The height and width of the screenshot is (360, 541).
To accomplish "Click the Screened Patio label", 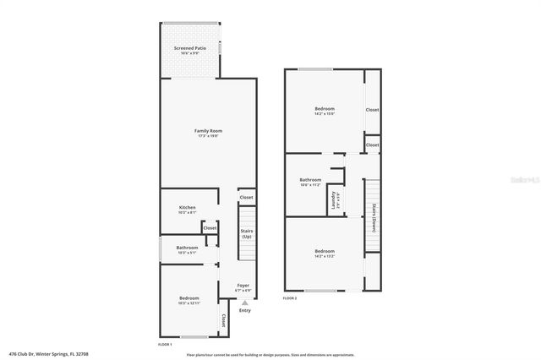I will coord(189,49).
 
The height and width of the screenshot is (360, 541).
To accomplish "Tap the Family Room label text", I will coord(208,131).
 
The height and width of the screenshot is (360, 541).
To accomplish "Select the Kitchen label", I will coord(187,207).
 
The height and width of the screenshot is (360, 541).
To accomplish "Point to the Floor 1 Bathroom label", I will coord(187,248).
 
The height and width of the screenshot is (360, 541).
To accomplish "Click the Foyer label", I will coord(243,286).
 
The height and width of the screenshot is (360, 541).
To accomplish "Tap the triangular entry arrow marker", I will coord(245,302).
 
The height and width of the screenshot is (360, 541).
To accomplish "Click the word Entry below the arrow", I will coord(245,310).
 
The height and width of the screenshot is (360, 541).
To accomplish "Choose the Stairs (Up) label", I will coord(247,234).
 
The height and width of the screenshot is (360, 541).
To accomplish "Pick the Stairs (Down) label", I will coord(373,219).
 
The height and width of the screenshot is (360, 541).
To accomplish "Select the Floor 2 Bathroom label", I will coord(310,179).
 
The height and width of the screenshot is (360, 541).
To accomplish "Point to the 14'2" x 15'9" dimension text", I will coord(325,114).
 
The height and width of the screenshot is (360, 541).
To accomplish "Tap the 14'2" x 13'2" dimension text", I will coord(325,256).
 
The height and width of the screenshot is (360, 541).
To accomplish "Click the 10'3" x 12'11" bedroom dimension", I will coord(189,303).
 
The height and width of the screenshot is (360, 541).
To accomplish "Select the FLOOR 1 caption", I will coord(165,345).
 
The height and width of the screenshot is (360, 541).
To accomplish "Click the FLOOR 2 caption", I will coord(290,298).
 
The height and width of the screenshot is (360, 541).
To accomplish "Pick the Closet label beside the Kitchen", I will coord(210,227).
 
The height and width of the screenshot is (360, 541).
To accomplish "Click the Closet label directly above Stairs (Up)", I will coord(246,198).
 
